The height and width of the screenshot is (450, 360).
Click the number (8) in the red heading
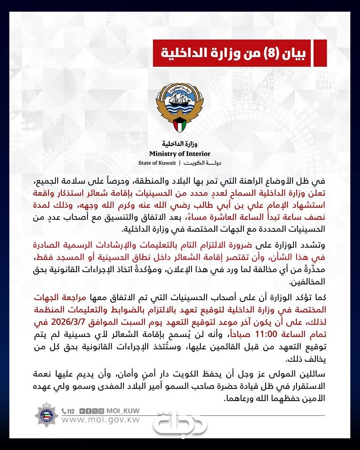point(271,53)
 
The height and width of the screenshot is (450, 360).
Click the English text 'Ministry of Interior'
point(180,154)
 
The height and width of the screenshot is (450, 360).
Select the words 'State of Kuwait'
point(157,163)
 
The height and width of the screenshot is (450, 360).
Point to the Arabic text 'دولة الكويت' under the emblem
point(202,163)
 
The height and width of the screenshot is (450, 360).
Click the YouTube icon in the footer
point(82,411)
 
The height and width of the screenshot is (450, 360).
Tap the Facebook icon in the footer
point(88,411)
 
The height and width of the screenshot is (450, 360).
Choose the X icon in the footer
point(95,411)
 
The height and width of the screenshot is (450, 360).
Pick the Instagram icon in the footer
point(101,411)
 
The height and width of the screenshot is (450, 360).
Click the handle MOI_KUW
point(123,411)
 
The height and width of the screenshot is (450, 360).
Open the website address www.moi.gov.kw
point(101,420)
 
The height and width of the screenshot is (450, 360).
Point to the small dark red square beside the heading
point(320,53)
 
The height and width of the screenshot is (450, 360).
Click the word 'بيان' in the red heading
point(294,53)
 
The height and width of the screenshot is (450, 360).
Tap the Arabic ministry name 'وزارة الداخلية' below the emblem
point(180,144)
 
